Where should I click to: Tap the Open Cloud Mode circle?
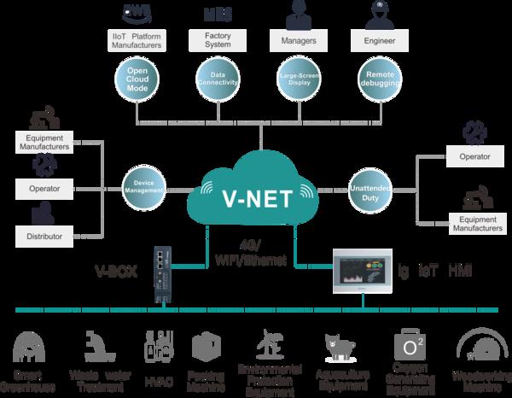point(138,79)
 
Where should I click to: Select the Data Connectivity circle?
point(218,79)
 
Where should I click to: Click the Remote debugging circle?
point(376,79)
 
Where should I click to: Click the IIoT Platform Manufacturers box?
point(138,39)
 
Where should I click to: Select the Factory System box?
point(218,39)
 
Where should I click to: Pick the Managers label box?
point(298,39)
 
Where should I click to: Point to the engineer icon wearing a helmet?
point(376,13)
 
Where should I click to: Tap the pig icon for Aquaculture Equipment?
point(335,344)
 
